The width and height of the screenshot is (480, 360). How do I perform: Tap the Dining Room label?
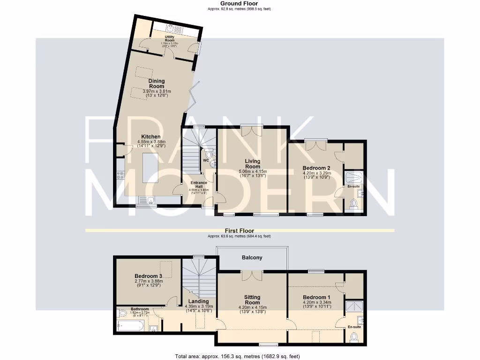pyautogui.click(x=157, y=83)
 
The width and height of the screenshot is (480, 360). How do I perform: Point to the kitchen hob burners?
pyautogui.click(x=120, y=175)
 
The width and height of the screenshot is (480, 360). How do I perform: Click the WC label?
pyautogui.click(x=205, y=160)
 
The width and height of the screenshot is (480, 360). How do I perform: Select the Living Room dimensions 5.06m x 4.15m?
pyautogui.click(x=253, y=172)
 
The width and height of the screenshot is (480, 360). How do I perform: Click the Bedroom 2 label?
pyautogui.click(x=316, y=168)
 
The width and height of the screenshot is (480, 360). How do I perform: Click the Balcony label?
pyautogui.click(x=252, y=258)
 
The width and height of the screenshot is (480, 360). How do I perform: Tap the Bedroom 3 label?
pyautogui.click(x=148, y=276)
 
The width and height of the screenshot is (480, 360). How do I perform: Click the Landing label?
pyautogui.click(x=198, y=301)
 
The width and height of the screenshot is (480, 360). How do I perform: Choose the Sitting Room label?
pyautogui.click(x=252, y=300)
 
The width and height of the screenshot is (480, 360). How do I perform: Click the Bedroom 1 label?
pyautogui.click(x=316, y=297)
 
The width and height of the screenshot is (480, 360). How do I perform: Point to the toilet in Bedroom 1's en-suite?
pyautogui.click(x=354, y=337)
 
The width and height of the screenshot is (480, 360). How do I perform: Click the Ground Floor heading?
pyautogui.click(x=239, y=3)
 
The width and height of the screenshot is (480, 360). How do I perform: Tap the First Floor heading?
pyautogui.click(x=239, y=231)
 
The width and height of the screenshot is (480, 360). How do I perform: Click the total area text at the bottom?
pyautogui.click(x=237, y=356)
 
